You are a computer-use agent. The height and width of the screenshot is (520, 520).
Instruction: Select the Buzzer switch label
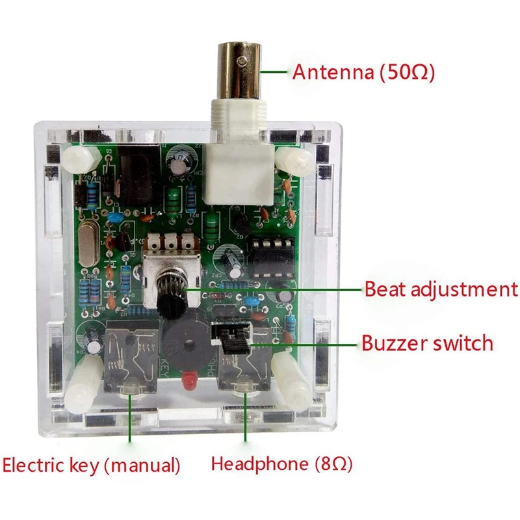click(x=427, y=343)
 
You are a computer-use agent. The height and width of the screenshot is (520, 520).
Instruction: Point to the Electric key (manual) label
click(x=91, y=465)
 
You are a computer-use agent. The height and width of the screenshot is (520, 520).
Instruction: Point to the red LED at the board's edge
click(x=190, y=380)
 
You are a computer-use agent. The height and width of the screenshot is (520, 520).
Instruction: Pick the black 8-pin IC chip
click(x=268, y=257)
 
